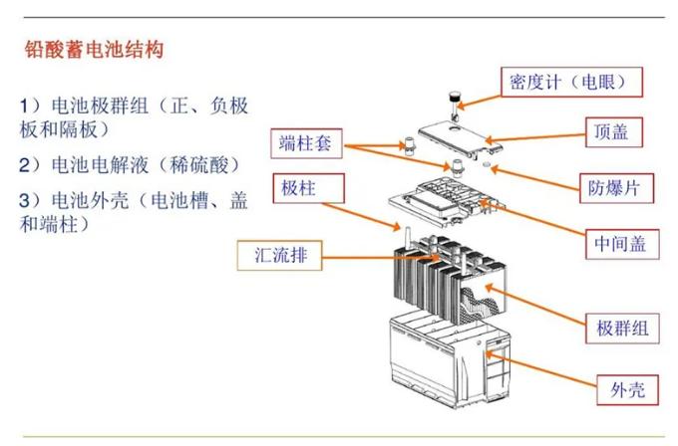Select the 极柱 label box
coord(308,187)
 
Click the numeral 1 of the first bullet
coord(25,106)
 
